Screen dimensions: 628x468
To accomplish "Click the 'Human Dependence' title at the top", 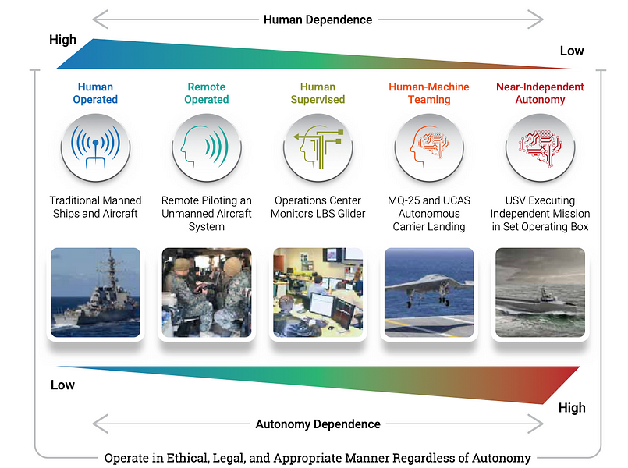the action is click(318, 19).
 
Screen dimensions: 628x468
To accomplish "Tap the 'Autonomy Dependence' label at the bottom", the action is click(318, 424).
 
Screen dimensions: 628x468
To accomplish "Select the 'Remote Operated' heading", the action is click(207, 94).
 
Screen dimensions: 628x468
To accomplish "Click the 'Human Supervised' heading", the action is click(318, 94).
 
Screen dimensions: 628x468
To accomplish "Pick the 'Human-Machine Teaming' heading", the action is click(429, 94).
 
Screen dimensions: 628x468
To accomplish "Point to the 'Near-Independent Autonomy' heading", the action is click(540, 94).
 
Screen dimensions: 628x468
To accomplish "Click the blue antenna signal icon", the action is click(95, 147).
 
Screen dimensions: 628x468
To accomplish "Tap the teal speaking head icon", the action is click(207, 147).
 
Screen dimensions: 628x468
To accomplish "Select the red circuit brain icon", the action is click(541, 147).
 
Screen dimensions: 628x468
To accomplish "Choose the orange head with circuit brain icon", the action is click(429, 147).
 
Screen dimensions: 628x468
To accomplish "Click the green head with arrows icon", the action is click(318, 147).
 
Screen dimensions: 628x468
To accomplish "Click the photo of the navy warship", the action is click(96, 292).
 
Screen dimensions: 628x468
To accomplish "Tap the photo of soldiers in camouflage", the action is click(207, 292).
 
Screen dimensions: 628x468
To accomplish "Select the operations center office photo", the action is click(318, 292).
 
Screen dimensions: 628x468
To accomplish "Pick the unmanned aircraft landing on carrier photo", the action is click(429, 292).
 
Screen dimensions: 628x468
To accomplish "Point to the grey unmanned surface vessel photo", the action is click(541, 292).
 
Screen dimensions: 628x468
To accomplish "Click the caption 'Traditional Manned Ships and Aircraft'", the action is click(95, 207).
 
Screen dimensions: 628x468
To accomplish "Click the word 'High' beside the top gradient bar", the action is click(62, 40).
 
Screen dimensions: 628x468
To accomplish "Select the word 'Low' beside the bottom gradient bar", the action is click(62, 385).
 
